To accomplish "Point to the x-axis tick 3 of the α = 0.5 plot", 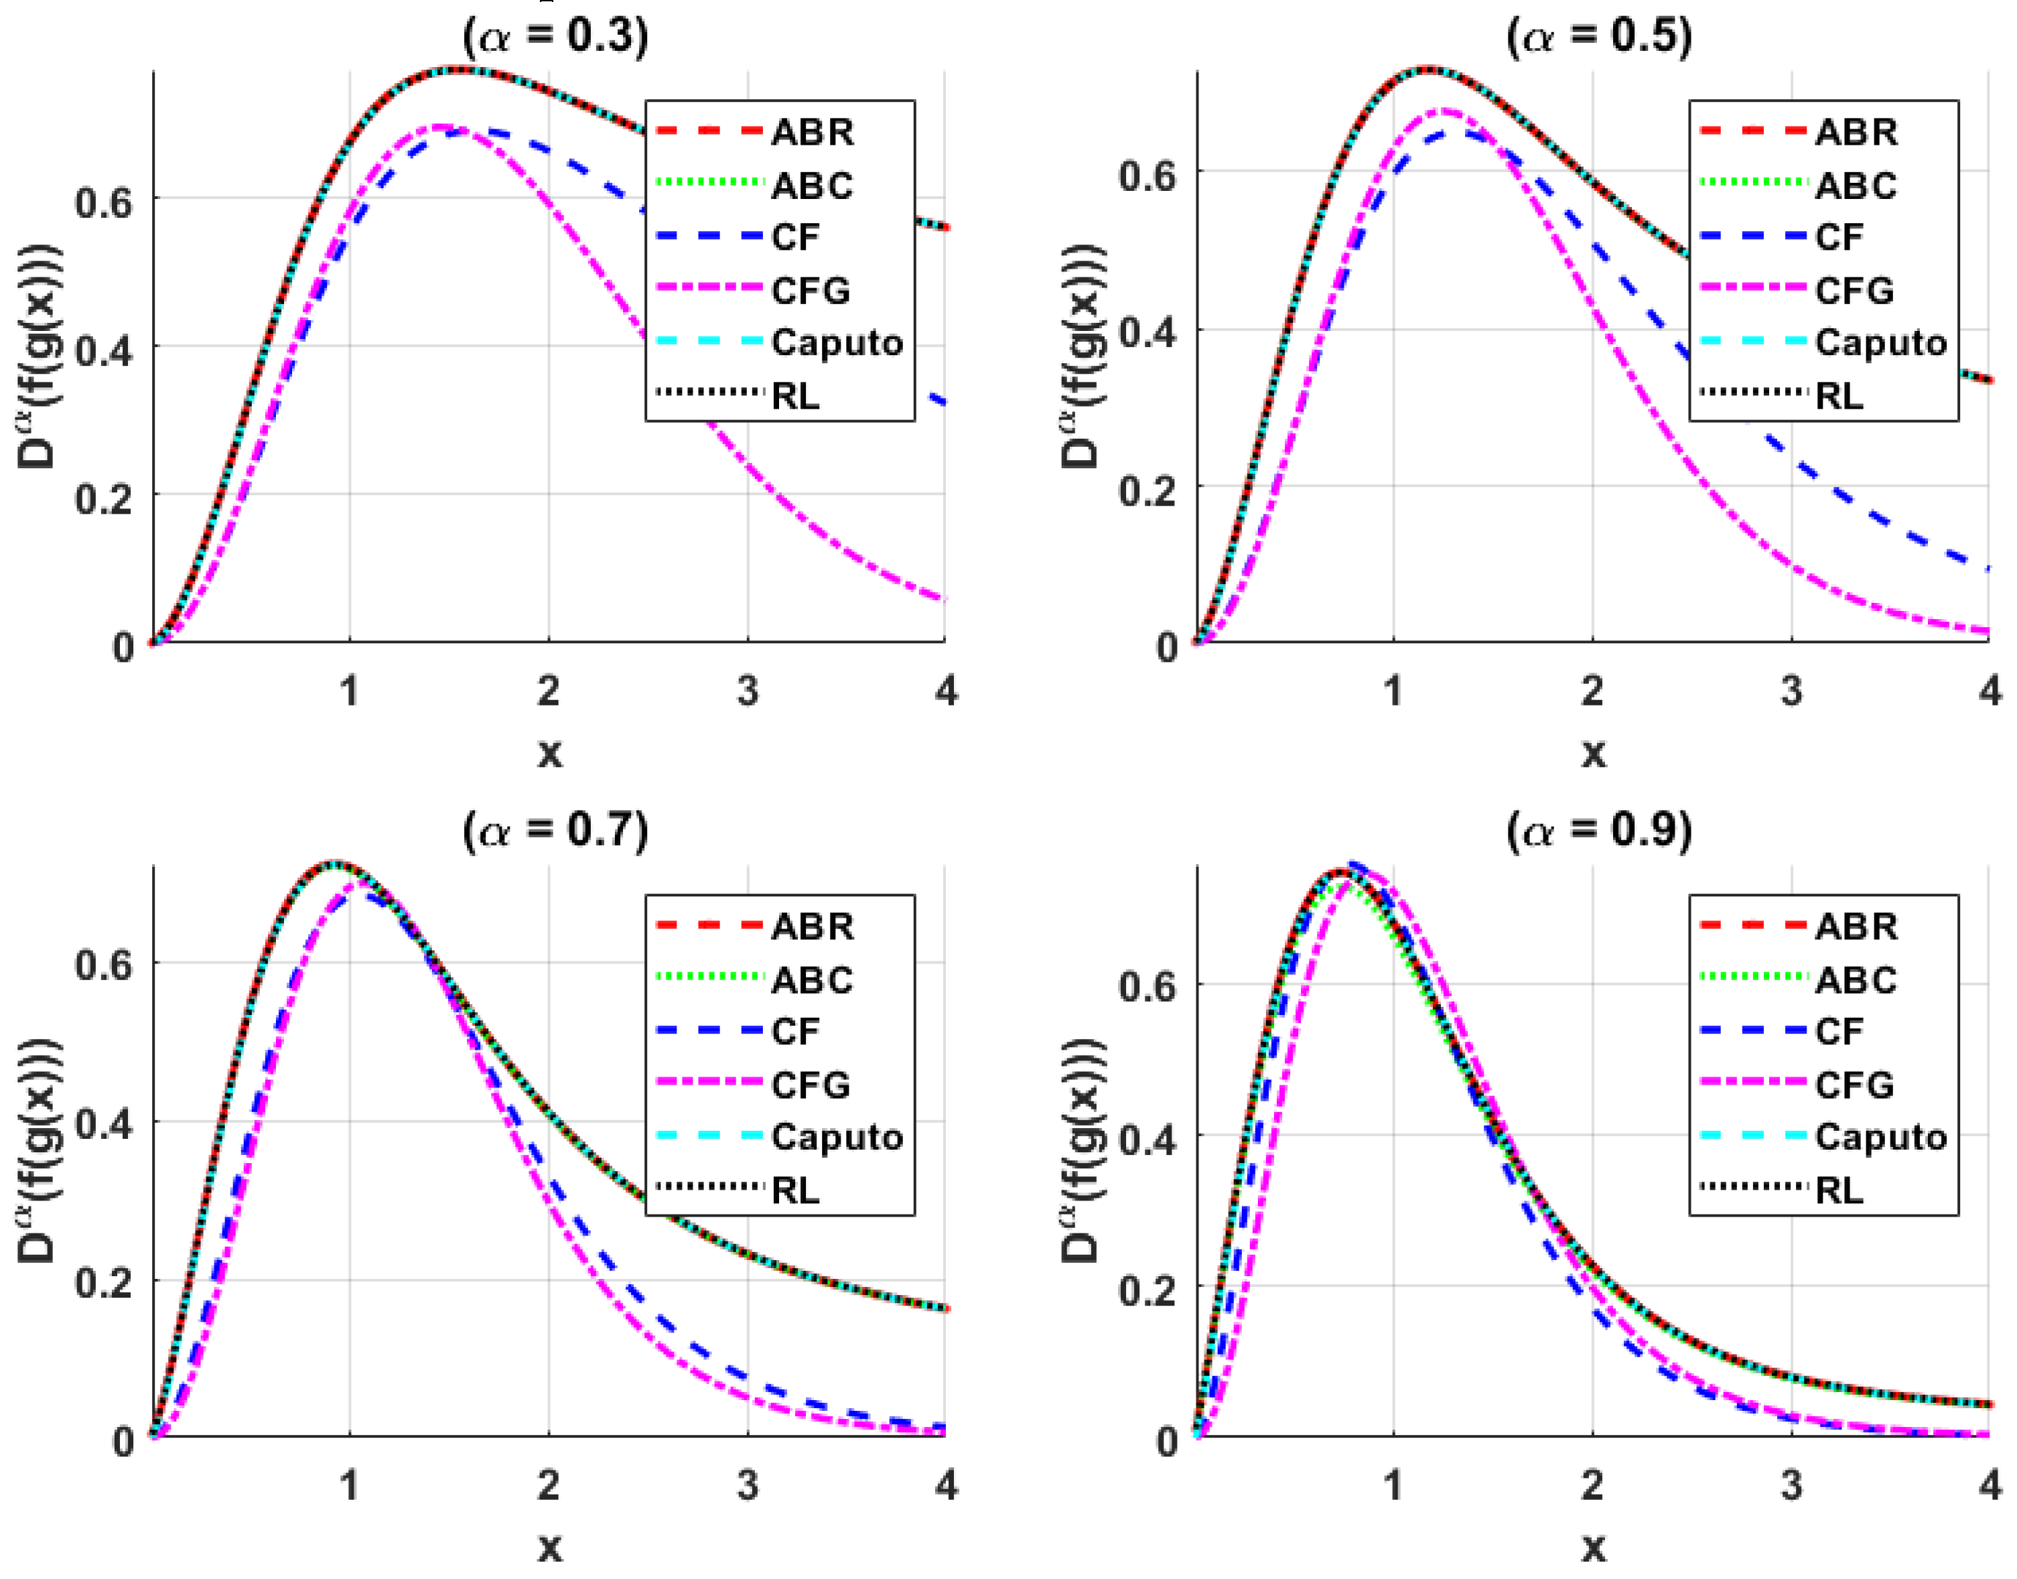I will pyautogui.click(x=1791, y=691).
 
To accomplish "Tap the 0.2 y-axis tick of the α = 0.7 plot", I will pyautogui.click(x=104, y=1283).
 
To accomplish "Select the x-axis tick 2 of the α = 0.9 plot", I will pyautogui.click(x=1592, y=1486).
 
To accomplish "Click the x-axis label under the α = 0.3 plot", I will pyautogui.click(x=549, y=752).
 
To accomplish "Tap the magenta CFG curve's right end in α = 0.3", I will pyautogui.click(x=943, y=600).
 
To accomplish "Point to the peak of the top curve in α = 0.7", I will pyautogui.click(x=336, y=864).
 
